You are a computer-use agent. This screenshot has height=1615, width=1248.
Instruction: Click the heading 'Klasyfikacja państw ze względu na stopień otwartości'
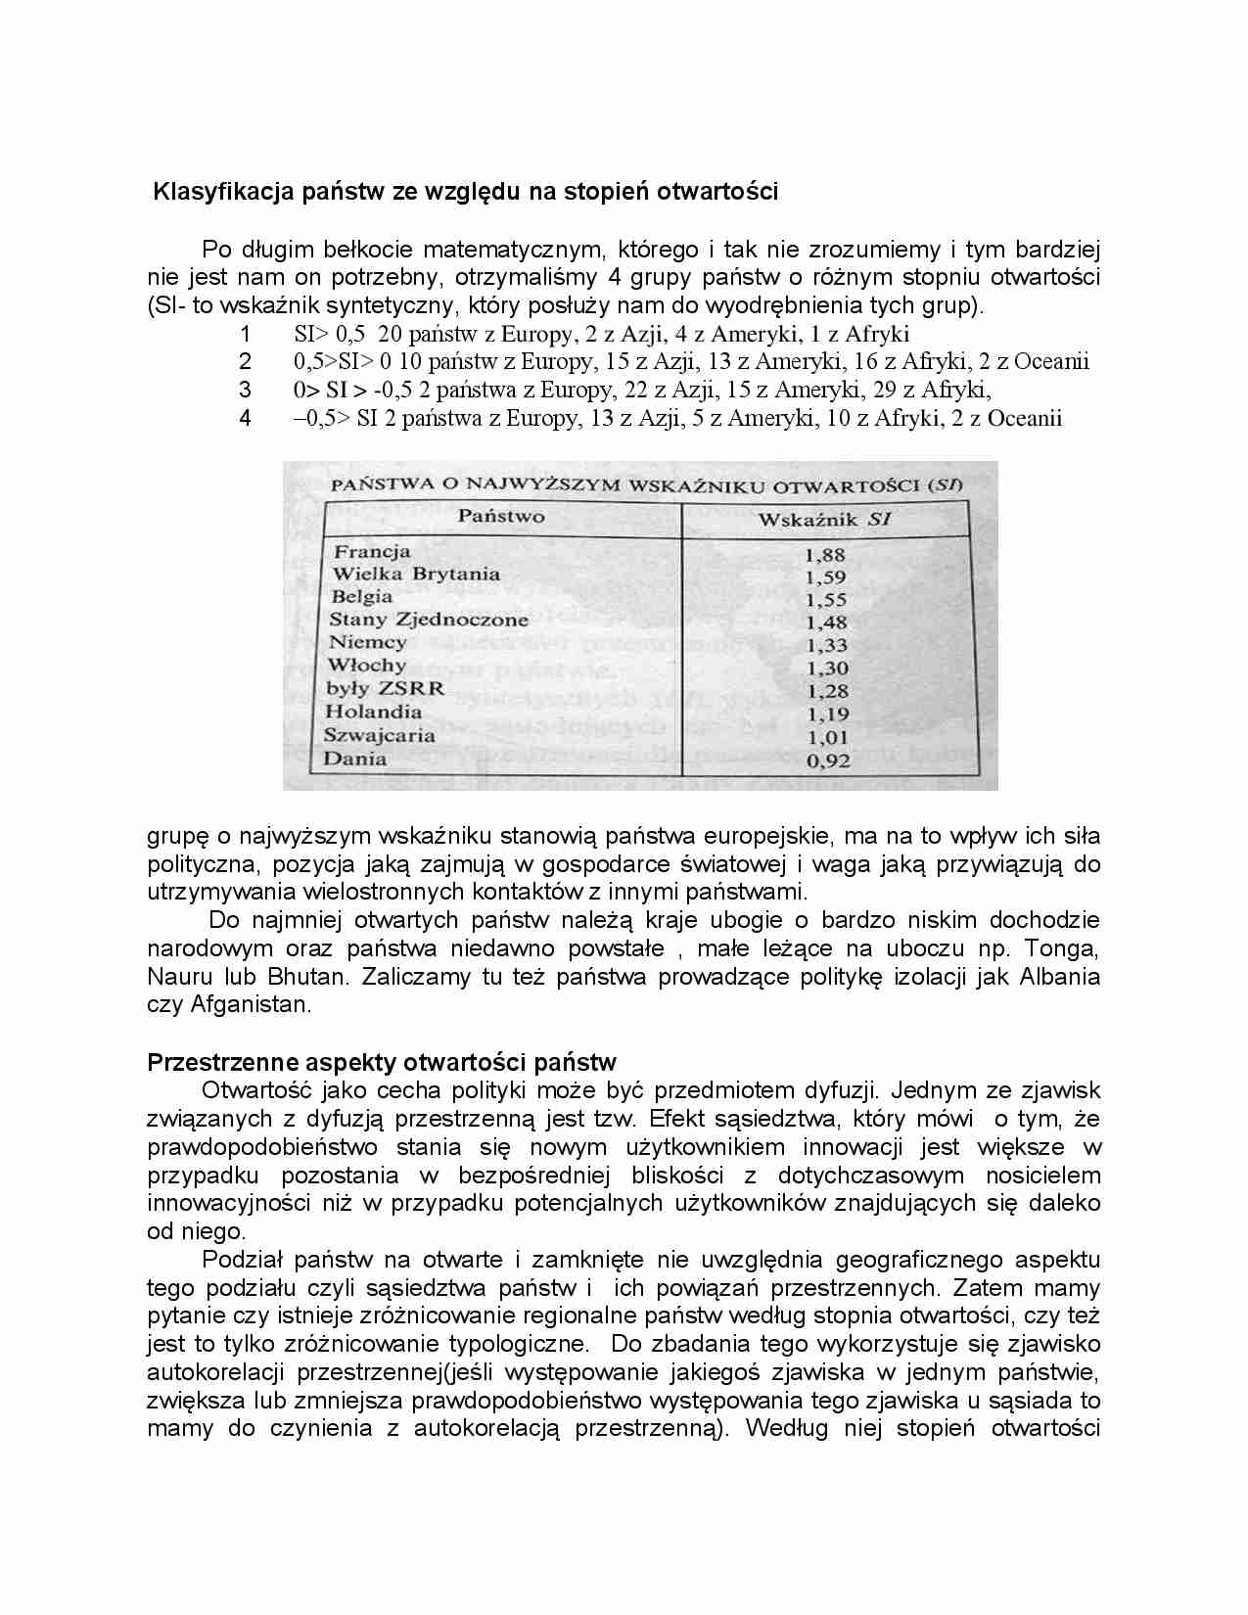[465, 192]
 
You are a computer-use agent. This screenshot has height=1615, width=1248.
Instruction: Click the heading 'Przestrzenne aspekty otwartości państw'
[381, 1062]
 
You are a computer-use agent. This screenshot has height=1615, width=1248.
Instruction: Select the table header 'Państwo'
[501, 516]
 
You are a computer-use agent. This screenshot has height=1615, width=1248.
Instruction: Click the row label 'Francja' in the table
[372, 551]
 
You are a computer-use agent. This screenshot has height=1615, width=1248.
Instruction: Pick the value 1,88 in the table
[824, 555]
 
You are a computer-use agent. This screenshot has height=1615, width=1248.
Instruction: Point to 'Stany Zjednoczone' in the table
[429, 620]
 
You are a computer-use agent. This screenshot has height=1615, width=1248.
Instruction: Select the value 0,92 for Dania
[827, 761]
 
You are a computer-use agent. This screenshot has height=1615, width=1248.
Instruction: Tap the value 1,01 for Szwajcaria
[827, 737]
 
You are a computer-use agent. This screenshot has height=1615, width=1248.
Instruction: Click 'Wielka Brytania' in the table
[416, 575]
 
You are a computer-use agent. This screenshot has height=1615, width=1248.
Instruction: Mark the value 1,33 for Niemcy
[826, 645]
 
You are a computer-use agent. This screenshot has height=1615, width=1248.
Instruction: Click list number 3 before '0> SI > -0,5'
[246, 390]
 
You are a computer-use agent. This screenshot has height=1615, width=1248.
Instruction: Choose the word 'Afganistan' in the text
[250, 1004]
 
